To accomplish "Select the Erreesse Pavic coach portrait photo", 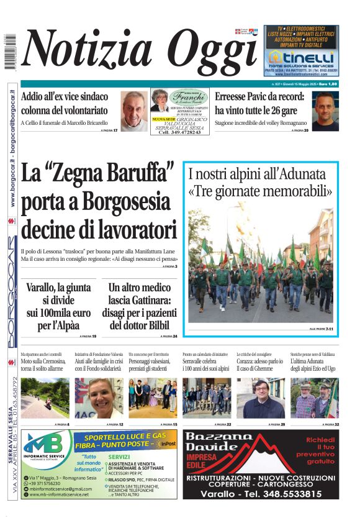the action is pyautogui.click(x=325, y=111).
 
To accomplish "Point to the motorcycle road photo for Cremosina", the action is pyautogui.click(x=45, y=398).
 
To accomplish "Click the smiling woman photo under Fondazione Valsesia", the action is pyautogui.click(x=99, y=398).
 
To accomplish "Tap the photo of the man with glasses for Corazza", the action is pyautogui.click(x=260, y=398).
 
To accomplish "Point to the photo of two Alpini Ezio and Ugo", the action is pyautogui.click(x=314, y=398).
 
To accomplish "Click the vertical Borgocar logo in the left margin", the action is pyautogui.click(x=11, y=292).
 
